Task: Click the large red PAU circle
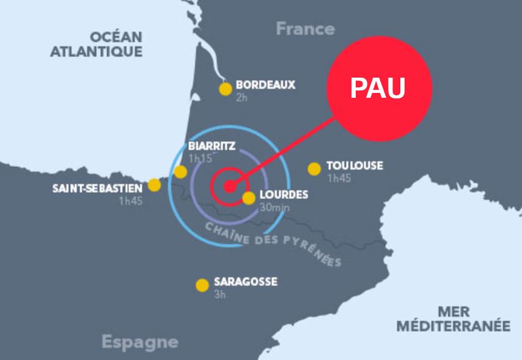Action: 379,88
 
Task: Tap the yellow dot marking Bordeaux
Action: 226,89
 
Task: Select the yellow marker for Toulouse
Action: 314,169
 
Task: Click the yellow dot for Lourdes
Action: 249,198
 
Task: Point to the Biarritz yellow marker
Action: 180,172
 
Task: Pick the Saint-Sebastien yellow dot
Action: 155,185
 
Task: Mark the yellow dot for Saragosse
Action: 202,285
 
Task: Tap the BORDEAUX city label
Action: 265,85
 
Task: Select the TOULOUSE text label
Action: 355,165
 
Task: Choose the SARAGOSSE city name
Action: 246,282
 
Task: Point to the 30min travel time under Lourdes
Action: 274,207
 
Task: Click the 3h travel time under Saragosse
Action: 219,294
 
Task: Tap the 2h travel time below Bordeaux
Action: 241,97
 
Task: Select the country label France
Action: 305,29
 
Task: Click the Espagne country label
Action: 139,342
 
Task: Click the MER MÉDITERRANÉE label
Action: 453,318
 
